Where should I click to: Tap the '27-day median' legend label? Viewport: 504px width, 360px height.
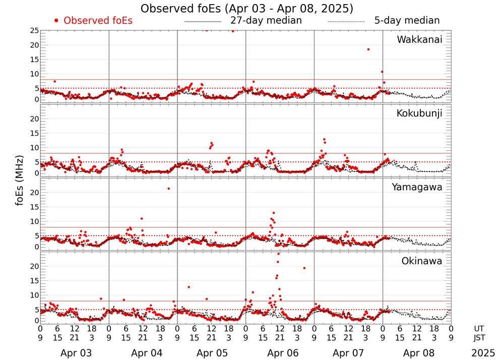266,21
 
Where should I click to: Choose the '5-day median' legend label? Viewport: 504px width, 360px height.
407,21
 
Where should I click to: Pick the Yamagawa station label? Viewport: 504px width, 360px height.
417,187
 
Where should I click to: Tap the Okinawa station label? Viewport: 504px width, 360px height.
421,261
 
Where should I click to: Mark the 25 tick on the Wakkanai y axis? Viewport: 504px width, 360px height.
34,31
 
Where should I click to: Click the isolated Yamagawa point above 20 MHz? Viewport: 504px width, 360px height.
168,189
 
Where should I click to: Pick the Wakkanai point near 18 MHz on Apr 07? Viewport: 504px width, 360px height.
368,49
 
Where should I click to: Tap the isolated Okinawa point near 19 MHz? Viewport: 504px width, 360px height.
304,268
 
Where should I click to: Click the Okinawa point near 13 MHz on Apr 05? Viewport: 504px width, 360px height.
188,287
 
